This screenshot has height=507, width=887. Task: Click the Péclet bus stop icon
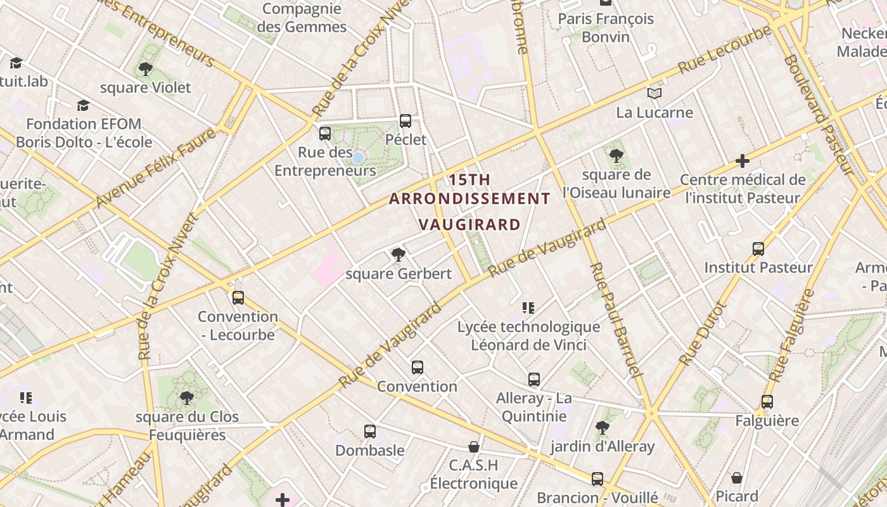tap(405, 120)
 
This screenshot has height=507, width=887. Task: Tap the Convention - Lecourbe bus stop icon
tap(238, 297)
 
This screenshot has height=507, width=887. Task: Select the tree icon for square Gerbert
tap(398, 255)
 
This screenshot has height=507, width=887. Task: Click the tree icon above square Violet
tap(146, 68)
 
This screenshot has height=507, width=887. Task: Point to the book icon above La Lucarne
tap(654, 94)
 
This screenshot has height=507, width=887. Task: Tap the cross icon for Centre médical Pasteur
tap(743, 161)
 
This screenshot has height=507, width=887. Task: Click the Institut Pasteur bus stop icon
tap(758, 248)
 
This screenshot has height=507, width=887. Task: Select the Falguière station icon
tap(767, 401)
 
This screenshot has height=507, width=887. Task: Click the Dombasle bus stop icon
tap(370, 432)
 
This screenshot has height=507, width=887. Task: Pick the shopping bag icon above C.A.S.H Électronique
tap(473, 447)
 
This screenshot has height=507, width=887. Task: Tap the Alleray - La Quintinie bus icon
tap(534, 380)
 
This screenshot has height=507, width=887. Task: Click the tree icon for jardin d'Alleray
tap(602, 428)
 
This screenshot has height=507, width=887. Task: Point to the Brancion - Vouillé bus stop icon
tap(597, 478)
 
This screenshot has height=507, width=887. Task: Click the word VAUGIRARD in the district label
tap(469, 224)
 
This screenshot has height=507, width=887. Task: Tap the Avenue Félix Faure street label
tap(155, 168)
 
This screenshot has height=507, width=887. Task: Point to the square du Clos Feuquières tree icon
tap(186, 398)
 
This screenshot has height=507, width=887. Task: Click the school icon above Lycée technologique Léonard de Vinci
tap(528, 308)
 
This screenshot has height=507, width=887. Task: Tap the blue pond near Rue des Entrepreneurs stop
tap(358, 157)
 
